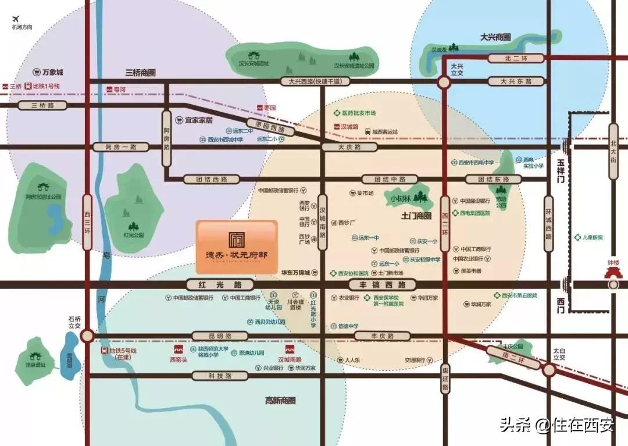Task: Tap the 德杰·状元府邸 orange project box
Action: click(236, 247)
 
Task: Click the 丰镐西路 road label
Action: click(383, 284)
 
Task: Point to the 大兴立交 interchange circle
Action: click(444, 83)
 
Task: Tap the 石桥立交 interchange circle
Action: click(87, 336)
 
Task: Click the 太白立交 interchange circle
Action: click(548, 370)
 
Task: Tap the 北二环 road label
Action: click(515, 58)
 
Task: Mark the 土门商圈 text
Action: click(416, 216)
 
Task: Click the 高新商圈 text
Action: click(280, 401)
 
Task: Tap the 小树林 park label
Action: click(401, 198)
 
